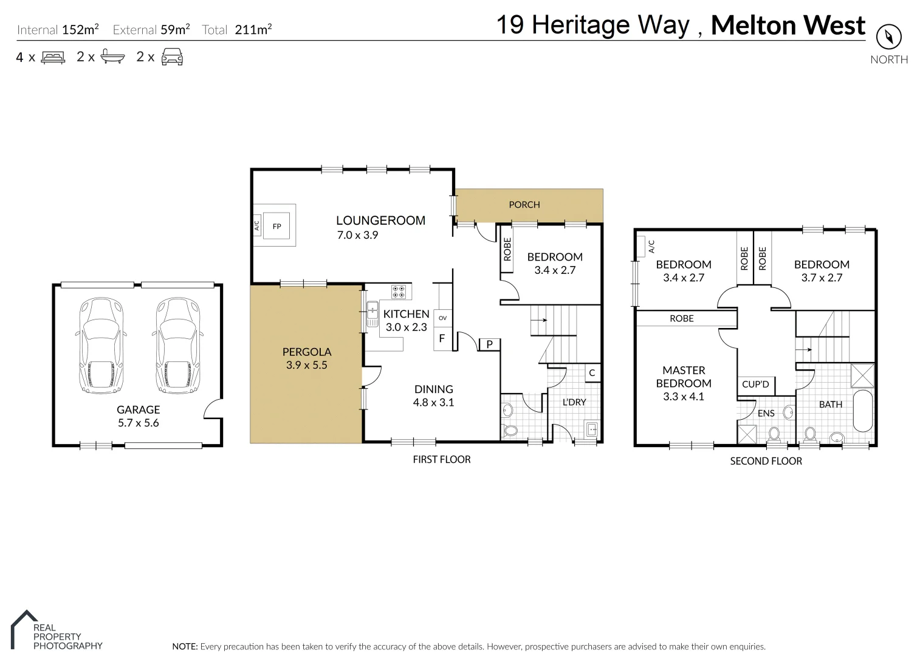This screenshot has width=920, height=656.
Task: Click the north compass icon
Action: pyautogui.click(x=888, y=38)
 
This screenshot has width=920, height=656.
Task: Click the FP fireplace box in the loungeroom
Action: pyautogui.click(x=277, y=226)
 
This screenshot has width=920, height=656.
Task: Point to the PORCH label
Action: pyautogui.click(x=524, y=205)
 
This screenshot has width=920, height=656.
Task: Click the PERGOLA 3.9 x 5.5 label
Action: pyautogui.click(x=306, y=358)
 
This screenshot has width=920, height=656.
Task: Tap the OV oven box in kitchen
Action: pyautogui.click(x=442, y=318)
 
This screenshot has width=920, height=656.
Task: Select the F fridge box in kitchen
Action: pyautogui.click(x=442, y=338)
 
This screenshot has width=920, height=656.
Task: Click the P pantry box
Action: pyautogui.click(x=489, y=344)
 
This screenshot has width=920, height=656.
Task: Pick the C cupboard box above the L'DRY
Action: pyautogui.click(x=592, y=373)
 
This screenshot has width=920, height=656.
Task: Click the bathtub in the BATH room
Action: pyautogui.click(x=862, y=411)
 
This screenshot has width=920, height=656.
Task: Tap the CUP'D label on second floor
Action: pyautogui.click(x=755, y=384)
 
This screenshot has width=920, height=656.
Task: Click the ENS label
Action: pyautogui.click(x=766, y=413)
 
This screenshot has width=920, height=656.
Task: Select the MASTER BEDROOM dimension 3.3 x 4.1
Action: pyautogui.click(x=683, y=397)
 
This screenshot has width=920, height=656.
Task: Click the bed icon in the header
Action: pyautogui.click(x=53, y=58)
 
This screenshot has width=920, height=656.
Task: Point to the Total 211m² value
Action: pyautogui.click(x=253, y=30)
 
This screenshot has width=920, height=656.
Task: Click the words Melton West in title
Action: pyautogui.click(x=788, y=26)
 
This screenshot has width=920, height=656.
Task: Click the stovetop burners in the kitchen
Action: pyautogui.click(x=398, y=292)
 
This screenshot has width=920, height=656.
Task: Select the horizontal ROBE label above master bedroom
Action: pyautogui.click(x=681, y=318)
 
